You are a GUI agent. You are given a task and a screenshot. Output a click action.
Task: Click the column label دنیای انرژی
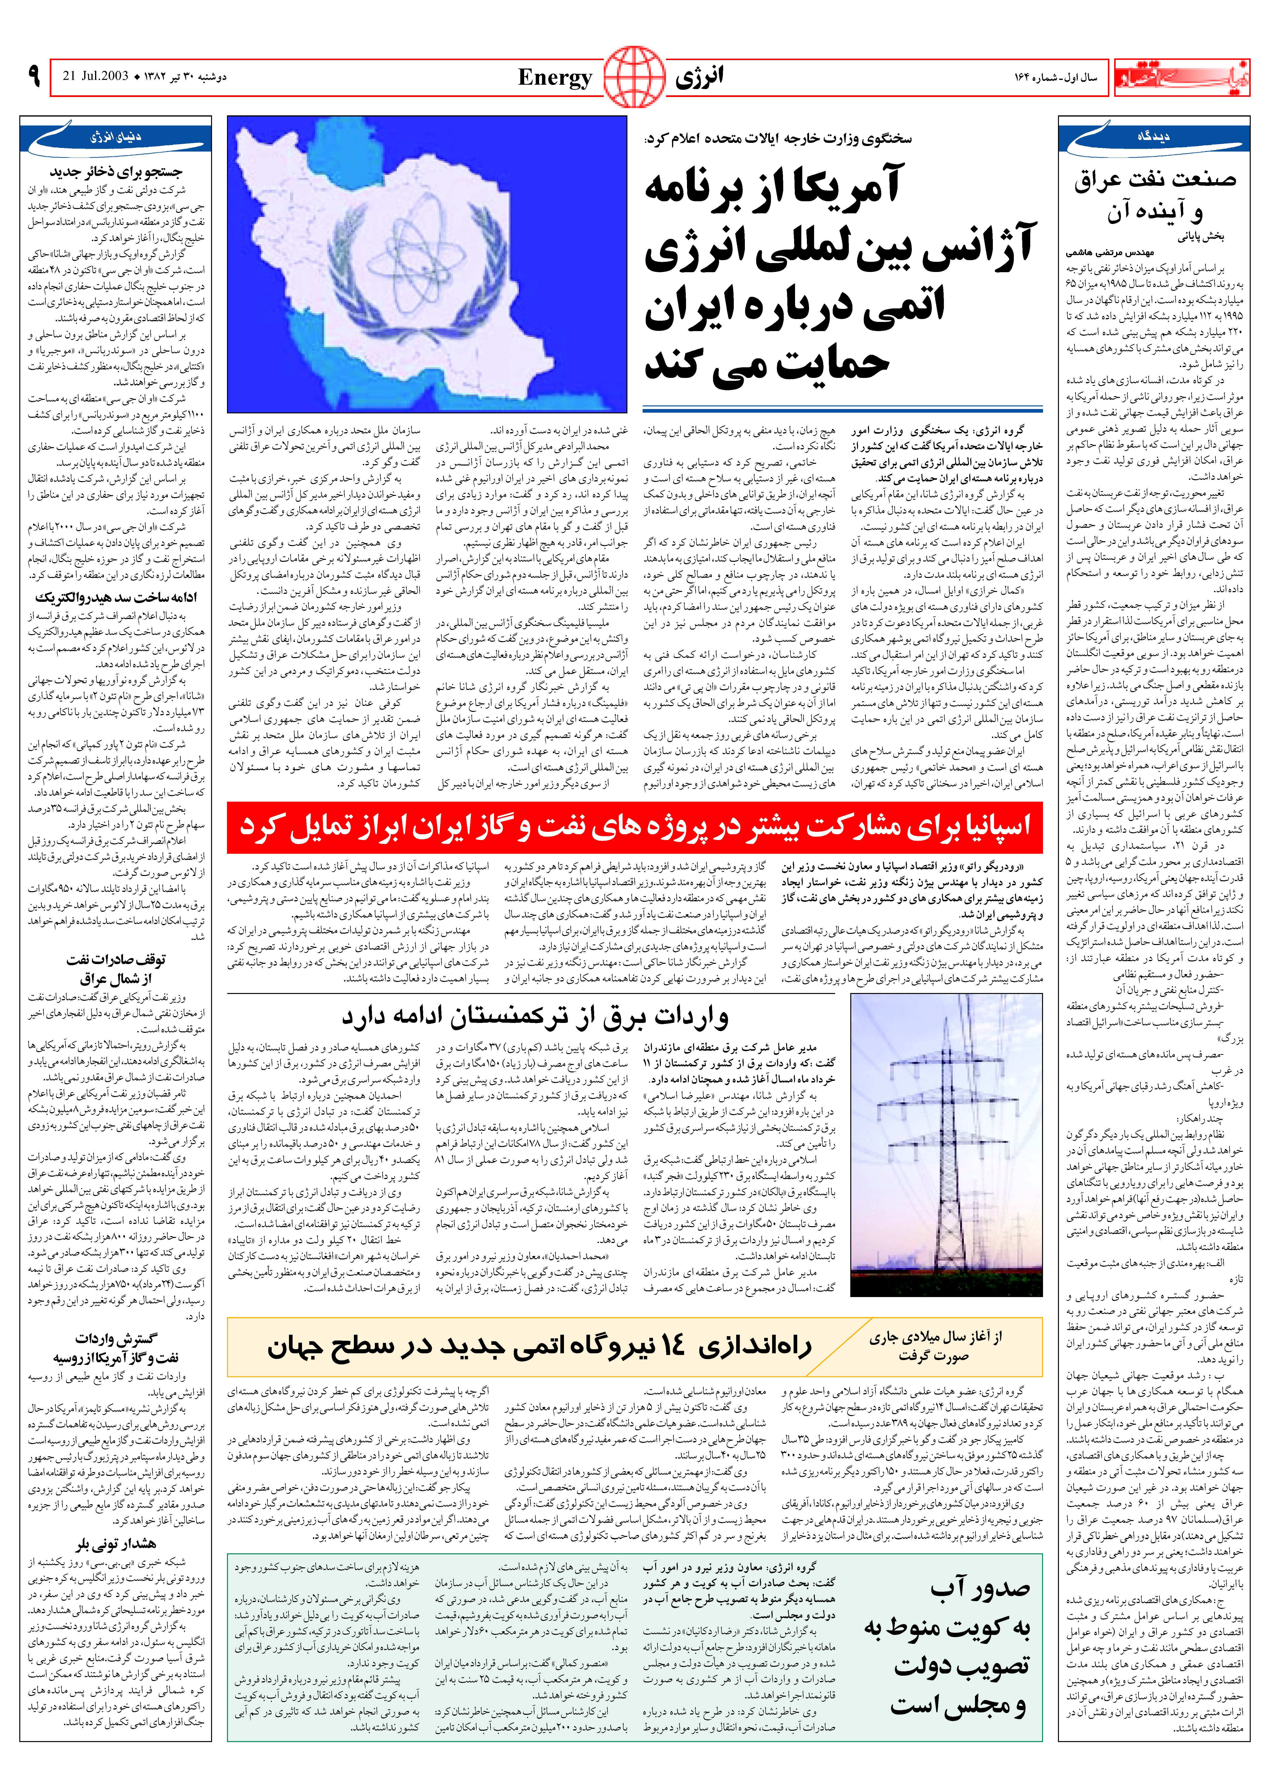click(x=116, y=137)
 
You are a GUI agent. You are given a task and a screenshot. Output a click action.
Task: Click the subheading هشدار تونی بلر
click(x=116, y=1544)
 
